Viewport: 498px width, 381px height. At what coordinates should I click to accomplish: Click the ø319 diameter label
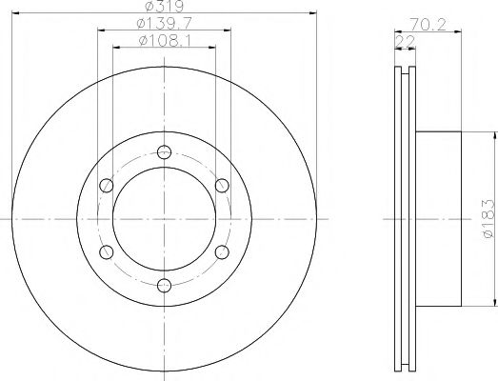click(x=165, y=6)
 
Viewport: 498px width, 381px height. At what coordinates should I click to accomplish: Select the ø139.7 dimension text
click(x=164, y=23)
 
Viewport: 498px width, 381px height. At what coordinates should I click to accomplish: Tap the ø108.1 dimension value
click(x=165, y=41)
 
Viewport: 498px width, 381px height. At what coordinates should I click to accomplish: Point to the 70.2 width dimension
click(x=428, y=25)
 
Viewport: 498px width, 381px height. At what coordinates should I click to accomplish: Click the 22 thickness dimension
click(x=406, y=41)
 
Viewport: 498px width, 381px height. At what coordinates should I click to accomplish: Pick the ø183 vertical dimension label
click(x=488, y=219)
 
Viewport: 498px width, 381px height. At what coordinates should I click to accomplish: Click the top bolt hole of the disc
click(x=164, y=151)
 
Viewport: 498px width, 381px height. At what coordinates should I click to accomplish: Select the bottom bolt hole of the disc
click(x=164, y=285)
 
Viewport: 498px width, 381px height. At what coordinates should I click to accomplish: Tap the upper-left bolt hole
click(x=107, y=185)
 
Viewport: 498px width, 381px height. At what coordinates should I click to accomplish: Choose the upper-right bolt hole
click(x=222, y=185)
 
